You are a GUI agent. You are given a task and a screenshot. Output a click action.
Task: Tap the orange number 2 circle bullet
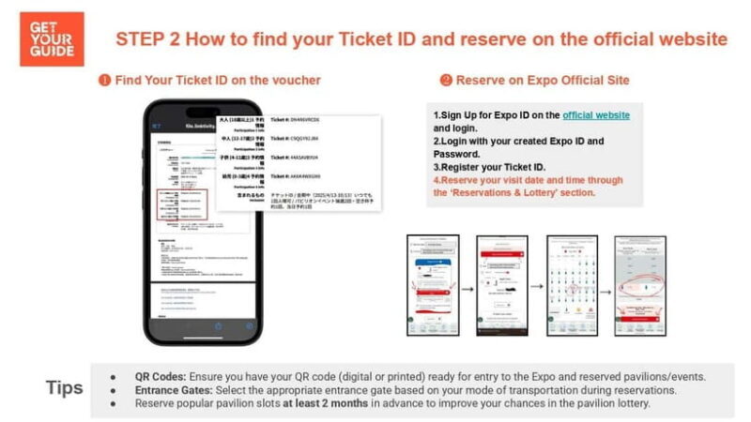click(x=445, y=81)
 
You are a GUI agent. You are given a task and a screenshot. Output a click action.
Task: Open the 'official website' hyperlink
click(x=596, y=114)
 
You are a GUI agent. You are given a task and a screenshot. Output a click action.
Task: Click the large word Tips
click(x=63, y=387)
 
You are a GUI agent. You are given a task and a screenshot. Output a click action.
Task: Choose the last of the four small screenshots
click(x=639, y=285)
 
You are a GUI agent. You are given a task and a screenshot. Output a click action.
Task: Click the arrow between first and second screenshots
click(x=467, y=286)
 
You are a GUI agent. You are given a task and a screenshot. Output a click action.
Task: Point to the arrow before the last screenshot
click(x=605, y=286)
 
